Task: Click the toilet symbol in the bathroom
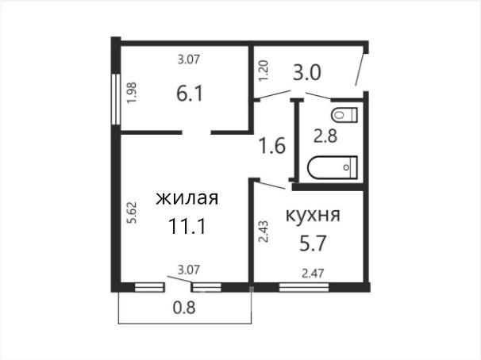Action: point(344,115)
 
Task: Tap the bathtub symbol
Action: point(333,167)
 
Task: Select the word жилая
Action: point(187,198)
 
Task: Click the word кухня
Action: point(313,216)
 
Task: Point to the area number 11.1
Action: point(187,227)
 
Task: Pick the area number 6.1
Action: point(190,93)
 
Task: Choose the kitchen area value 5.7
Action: point(313,243)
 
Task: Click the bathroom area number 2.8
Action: point(325,136)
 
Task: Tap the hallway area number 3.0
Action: point(306,73)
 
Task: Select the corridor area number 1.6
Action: point(272,146)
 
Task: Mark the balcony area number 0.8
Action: point(184,308)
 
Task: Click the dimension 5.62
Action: point(133,213)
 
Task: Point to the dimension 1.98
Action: point(132,93)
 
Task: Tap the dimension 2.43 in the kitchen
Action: point(264,232)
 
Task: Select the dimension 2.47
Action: point(313,273)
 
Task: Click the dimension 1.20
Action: point(264,71)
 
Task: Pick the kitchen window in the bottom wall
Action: point(304,287)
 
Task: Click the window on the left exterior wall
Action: point(116,99)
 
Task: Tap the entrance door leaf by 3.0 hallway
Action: point(360,70)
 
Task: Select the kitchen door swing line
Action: point(271,185)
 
